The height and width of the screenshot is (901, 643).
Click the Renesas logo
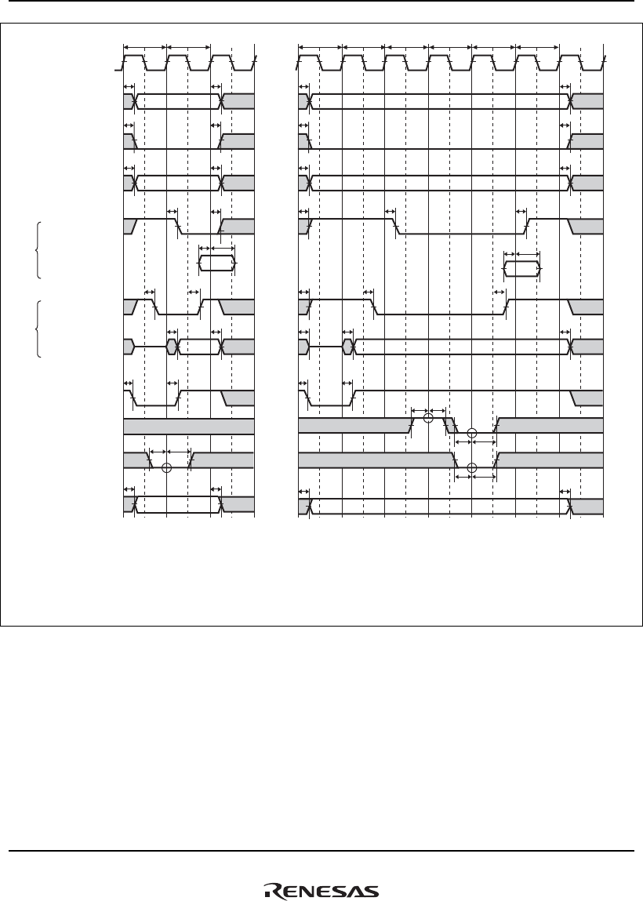pyautogui.click(x=321, y=891)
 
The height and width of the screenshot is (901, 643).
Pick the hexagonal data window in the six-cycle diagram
pyautogui.click(x=521, y=270)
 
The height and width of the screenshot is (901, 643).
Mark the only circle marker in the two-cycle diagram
pyautogui.click(x=165, y=469)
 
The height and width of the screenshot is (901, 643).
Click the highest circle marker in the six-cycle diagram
pyautogui.click(x=427, y=419)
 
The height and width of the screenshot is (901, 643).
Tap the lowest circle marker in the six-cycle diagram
pyautogui.click(x=471, y=469)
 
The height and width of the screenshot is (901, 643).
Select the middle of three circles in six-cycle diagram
pyautogui.click(x=471, y=434)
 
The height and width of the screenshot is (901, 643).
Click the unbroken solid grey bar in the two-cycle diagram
pyautogui.click(x=189, y=427)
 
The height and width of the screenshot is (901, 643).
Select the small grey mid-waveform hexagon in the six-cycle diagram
pyautogui.click(x=347, y=346)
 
